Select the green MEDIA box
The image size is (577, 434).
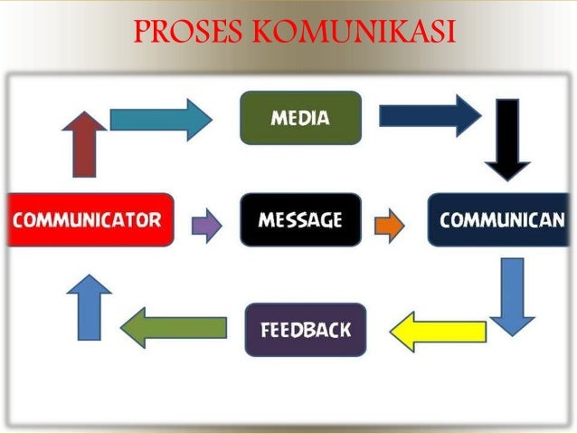(300, 118)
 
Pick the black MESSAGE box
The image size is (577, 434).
(300, 219)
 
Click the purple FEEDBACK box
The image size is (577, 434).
(306, 329)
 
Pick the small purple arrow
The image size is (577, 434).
(206, 225)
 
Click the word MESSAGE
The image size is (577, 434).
(300, 219)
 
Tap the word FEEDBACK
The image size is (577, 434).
(306, 329)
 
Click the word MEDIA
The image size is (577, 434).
(300, 118)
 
